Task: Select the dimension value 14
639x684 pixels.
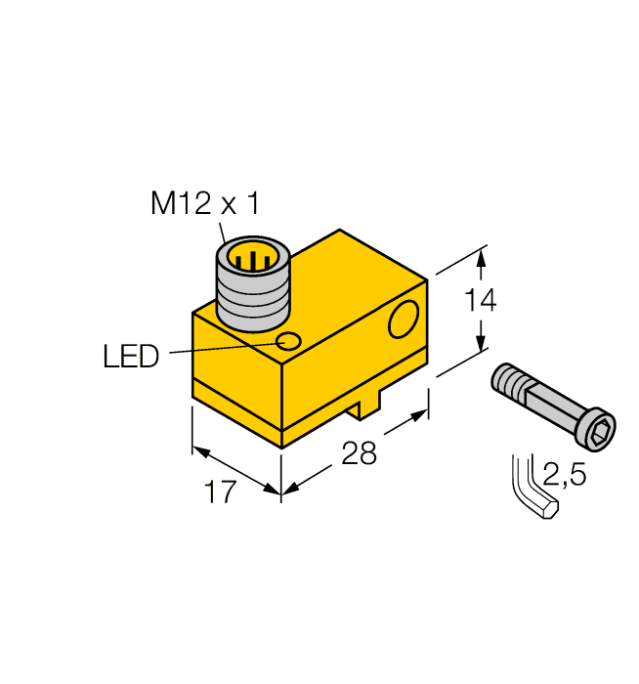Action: (479, 302)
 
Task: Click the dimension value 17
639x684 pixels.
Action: (221, 492)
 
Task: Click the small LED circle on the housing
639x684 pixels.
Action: (289, 341)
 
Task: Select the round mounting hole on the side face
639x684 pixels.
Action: (403, 321)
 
